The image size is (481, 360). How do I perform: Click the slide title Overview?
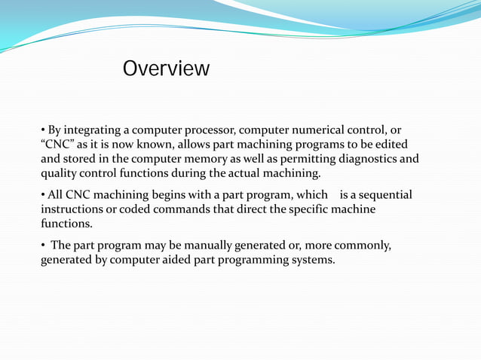pyautogui.click(x=166, y=69)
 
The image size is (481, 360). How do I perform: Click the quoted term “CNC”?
pyautogui.click(x=57, y=145)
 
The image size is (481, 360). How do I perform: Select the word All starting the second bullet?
pyautogui.click(x=57, y=195)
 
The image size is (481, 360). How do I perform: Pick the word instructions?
pyautogui.click(x=74, y=209)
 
